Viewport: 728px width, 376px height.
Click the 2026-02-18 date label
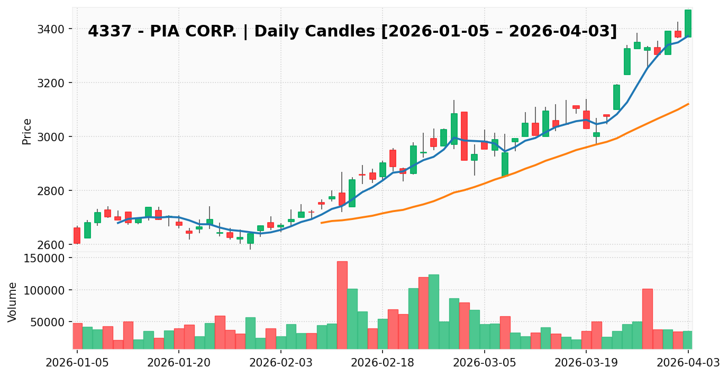click(383, 362)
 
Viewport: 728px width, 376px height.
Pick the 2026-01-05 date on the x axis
click(77, 362)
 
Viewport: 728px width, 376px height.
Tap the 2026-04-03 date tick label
click(688, 362)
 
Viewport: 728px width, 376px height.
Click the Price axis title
click(28, 131)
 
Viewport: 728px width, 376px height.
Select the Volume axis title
click(13, 301)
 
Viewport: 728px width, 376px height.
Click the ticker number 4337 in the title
click(103, 32)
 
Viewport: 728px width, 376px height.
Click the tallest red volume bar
click(342, 305)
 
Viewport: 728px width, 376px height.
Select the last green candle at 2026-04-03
click(688, 23)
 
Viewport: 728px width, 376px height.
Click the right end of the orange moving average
click(688, 104)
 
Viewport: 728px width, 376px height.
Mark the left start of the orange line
click(322, 223)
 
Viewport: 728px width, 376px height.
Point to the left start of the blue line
click(118, 223)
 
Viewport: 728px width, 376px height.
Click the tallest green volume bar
click(434, 311)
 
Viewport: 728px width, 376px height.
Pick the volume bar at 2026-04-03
click(688, 340)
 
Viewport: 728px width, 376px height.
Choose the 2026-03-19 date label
click(586, 362)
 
